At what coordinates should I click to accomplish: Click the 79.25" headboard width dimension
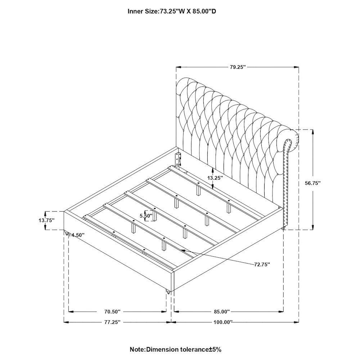(x=238, y=67)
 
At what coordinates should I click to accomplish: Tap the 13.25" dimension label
(x=215, y=178)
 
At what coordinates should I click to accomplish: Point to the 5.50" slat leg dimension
(x=146, y=216)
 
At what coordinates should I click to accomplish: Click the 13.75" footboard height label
(x=46, y=220)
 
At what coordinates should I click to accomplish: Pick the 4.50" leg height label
(x=78, y=235)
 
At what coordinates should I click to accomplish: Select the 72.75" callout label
(x=262, y=265)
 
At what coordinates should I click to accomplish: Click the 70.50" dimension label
(x=112, y=311)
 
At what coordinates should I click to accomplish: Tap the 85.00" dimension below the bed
(x=221, y=311)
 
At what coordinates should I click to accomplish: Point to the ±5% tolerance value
(x=215, y=350)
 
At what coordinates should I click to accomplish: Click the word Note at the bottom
(x=137, y=350)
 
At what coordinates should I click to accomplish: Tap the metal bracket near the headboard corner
(x=177, y=159)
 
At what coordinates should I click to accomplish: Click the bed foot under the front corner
(x=168, y=292)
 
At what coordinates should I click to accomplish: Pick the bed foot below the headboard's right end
(x=283, y=228)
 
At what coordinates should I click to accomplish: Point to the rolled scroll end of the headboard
(x=291, y=141)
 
